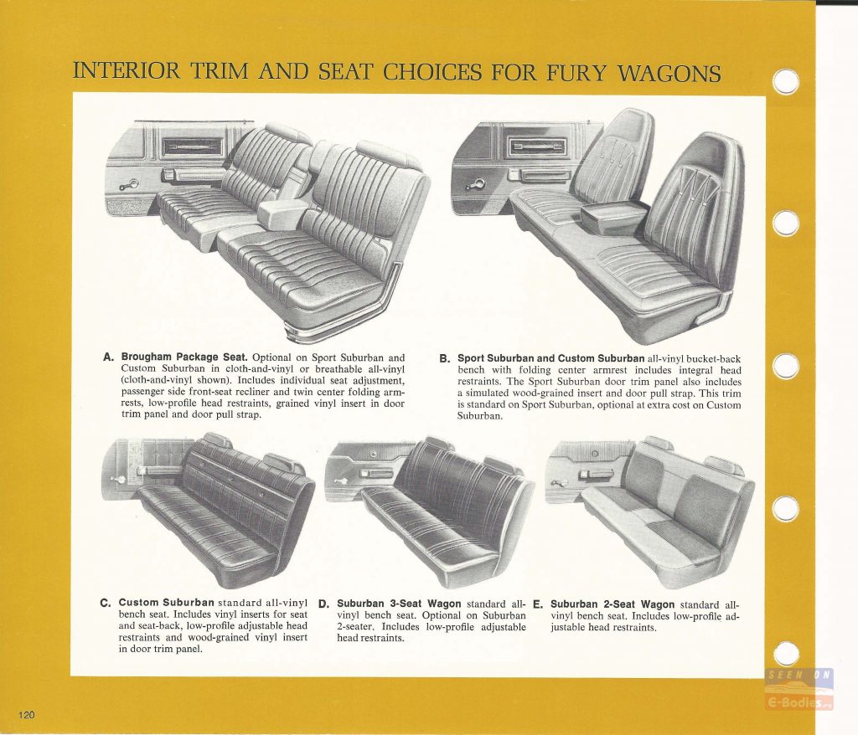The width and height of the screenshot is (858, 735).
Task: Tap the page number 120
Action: pos(27,715)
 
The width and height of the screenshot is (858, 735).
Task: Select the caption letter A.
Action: pos(108,357)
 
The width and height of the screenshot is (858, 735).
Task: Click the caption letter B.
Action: pos(444,359)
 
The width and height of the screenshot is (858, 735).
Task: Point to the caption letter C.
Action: pos(106,604)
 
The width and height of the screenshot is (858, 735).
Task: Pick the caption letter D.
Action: pos(324,604)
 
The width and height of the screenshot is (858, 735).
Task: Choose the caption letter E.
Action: pos(538,604)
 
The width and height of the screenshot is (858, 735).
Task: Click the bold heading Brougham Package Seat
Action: pos(184,357)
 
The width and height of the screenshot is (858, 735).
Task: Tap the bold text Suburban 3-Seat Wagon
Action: pos(399,604)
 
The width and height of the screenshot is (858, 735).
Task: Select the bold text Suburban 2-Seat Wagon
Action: pos(612,604)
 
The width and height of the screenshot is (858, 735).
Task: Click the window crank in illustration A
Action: pos(129,185)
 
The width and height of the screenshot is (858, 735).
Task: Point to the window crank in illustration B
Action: pos(475,184)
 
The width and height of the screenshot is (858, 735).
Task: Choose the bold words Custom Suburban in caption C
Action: pos(167,603)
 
